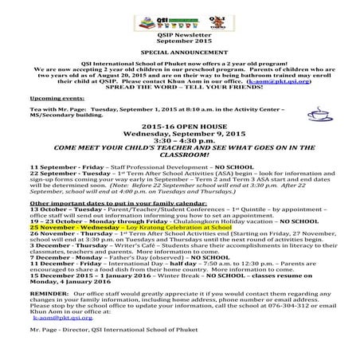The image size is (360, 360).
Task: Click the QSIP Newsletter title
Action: tap(179, 34)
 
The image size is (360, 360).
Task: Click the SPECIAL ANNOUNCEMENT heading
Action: tap(179, 49)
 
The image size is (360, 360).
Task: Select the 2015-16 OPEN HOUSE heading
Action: tap(179, 126)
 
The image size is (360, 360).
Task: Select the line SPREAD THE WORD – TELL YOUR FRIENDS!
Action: tap(179, 84)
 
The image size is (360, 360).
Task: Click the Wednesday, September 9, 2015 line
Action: tap(179, 133)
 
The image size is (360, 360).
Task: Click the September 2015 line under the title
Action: tap(179, 40)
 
